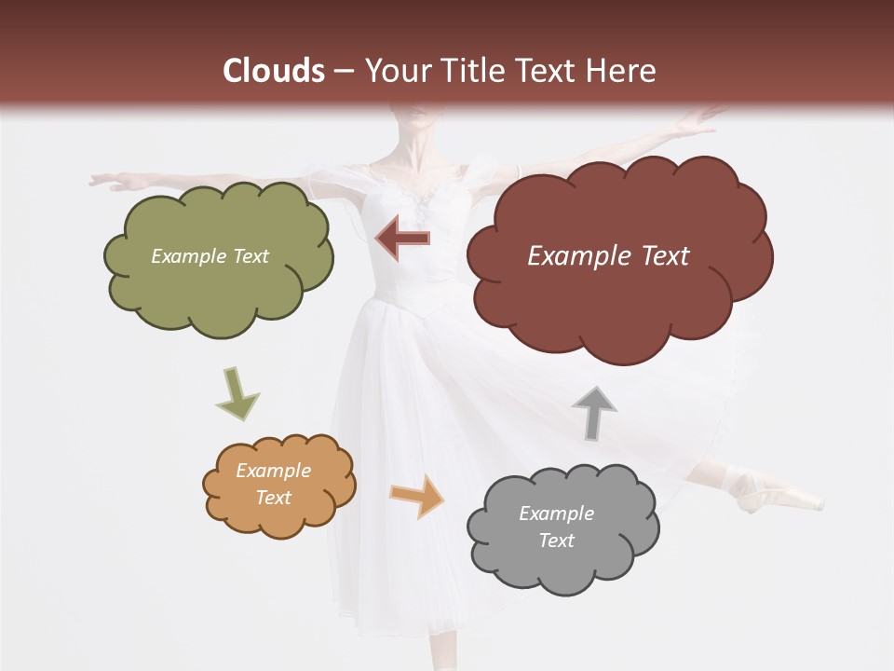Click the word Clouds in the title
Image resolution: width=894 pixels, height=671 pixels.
pos(274,71)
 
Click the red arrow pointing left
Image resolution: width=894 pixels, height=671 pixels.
pos(402,239)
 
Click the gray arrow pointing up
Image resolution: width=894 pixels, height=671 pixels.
pos(594,412)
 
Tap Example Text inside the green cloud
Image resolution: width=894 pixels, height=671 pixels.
pos(210,256)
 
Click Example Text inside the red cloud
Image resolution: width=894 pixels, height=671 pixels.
pos(608,256)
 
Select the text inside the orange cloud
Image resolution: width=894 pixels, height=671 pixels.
pos(273,484)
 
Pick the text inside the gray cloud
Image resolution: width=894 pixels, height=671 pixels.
pos(556,527)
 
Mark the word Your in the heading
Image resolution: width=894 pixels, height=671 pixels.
pos(396,71)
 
